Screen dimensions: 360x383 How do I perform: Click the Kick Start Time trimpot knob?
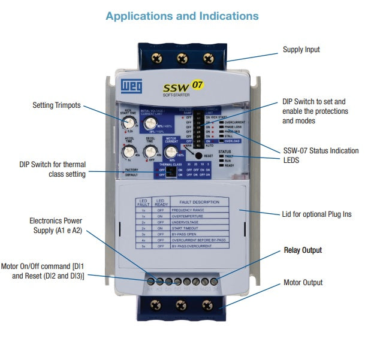[127, 123]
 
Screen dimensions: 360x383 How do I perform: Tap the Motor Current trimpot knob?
[172, 152]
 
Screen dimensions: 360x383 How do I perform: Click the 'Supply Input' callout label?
[301, 50]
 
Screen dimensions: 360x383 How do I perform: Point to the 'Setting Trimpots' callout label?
[57, 105]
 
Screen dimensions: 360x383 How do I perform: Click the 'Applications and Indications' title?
[182, 16]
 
